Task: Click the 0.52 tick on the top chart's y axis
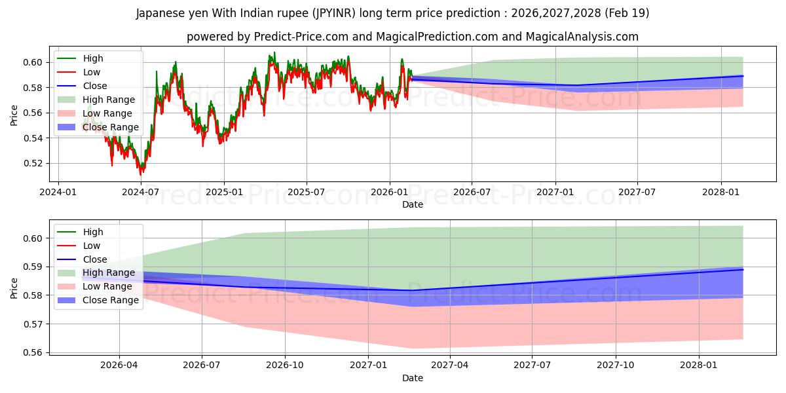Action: (x=33, y=164)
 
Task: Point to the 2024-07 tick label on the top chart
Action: (x=140, y=193)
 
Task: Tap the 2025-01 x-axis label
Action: (x=224, y=193)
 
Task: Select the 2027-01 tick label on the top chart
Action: (x=555, y=193)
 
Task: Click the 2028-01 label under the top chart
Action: (x=720, y=193)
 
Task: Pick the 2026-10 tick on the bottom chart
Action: (x=285, y=365)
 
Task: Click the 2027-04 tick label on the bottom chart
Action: (x=449, y=365)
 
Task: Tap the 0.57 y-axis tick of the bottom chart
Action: (x=33, y=324)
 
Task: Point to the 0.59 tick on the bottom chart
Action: (x=33, y=267)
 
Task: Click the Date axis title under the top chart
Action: (x=413, y=204)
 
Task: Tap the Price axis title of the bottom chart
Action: (x=14, y=288)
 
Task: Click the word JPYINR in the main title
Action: (x=335, y=13)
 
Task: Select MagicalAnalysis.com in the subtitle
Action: (x=582, y=37)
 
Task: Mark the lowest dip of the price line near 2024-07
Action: (x=141, y=175)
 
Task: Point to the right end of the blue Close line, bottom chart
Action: (x=743, y=269)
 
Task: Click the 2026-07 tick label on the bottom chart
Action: (x=202, y=365)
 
